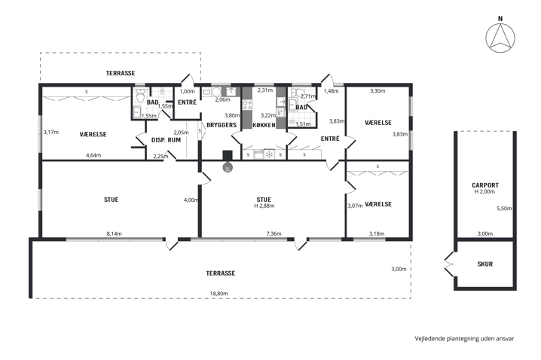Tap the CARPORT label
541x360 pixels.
485,185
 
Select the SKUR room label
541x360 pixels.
485,264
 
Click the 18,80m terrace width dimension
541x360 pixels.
219,294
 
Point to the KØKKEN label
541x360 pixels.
264,125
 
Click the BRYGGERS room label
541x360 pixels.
222,125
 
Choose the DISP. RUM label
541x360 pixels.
166,140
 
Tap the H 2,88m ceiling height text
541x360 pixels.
264,206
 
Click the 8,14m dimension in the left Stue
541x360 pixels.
115,233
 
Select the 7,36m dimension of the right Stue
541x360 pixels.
274,233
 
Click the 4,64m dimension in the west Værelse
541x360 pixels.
93,155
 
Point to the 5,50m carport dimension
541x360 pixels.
504,209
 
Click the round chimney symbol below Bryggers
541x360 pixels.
228,168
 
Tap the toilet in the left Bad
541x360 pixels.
140,96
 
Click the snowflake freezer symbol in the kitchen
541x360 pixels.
269,154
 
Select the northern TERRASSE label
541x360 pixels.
121,73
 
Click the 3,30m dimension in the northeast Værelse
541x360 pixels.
377,90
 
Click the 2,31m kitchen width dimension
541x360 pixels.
265,90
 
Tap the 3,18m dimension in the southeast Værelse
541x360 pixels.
377,233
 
